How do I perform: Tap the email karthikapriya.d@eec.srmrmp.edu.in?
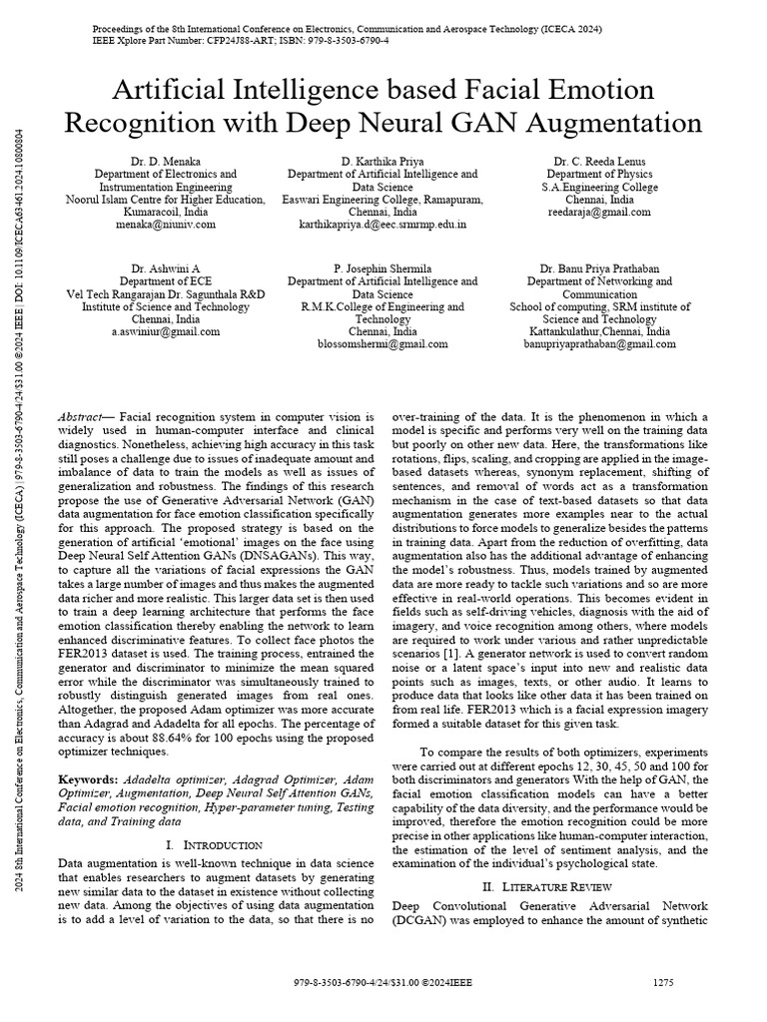383,226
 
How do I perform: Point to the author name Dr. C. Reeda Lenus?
599,161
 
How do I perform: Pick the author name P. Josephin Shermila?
383,268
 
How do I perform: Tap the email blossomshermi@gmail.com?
383,344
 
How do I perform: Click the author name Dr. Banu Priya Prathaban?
599,268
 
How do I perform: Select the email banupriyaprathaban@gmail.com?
599,344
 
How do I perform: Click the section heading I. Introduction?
212,844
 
